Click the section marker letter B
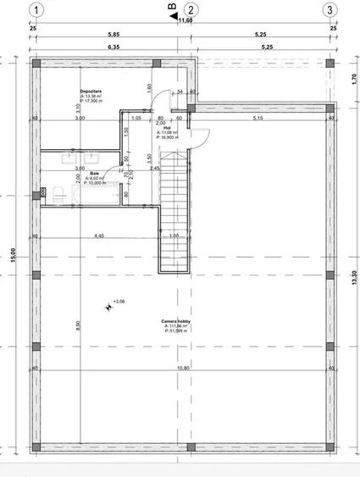(174, 9)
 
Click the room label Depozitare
(91, 90)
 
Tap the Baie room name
(95, 171)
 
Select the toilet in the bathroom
(56, 192)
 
